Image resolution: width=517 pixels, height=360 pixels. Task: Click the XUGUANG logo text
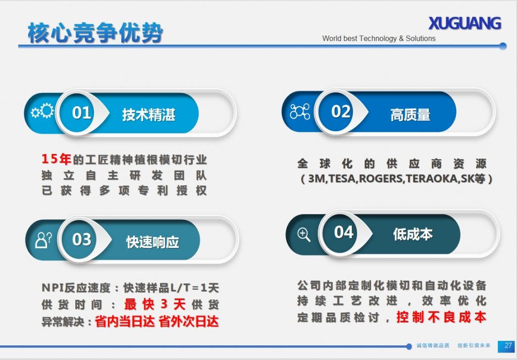464,23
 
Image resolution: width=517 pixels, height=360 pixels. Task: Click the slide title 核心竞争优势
95,33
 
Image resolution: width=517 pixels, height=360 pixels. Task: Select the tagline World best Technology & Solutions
379,38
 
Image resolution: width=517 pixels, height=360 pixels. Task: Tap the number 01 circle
81,113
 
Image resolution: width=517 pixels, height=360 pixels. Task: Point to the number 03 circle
82,239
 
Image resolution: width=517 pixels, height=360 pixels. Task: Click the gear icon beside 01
42,112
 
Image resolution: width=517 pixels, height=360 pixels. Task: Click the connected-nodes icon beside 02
300,112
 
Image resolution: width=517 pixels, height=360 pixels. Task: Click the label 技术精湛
148,115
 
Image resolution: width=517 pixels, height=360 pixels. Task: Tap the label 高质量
410,115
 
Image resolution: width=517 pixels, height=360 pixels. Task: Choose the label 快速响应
152,242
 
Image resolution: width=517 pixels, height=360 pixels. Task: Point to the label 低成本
412,234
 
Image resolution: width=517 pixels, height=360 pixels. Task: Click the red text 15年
56,160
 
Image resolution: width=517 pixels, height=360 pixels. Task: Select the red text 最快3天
155,304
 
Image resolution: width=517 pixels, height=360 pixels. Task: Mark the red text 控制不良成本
441,317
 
